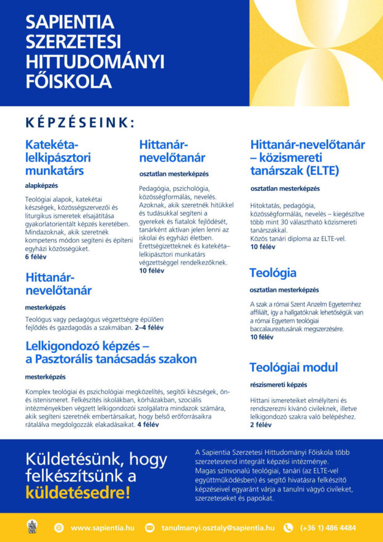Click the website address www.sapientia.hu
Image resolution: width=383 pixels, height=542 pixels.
(103, 528)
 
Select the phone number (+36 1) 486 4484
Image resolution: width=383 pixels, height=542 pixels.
(328, 528)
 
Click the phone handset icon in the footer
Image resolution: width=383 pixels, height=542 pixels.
(288, 528)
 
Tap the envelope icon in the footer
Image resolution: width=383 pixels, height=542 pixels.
(149, 528)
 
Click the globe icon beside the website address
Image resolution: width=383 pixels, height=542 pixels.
(59, 528)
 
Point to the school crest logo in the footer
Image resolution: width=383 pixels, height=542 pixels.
(32, 527)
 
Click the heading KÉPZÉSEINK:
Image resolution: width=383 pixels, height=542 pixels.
(80, 122)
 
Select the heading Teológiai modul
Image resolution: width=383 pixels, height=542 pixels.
(293, 368)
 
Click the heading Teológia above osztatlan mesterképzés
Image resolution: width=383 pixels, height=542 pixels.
(272, 273)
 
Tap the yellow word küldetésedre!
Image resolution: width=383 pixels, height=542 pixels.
(78, 493)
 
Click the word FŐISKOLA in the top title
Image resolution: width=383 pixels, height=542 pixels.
(69, 82)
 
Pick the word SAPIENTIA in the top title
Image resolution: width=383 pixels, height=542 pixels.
(70, 22)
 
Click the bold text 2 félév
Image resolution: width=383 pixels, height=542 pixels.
(261, 425)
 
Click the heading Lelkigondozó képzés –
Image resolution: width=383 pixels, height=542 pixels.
(87, 345)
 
